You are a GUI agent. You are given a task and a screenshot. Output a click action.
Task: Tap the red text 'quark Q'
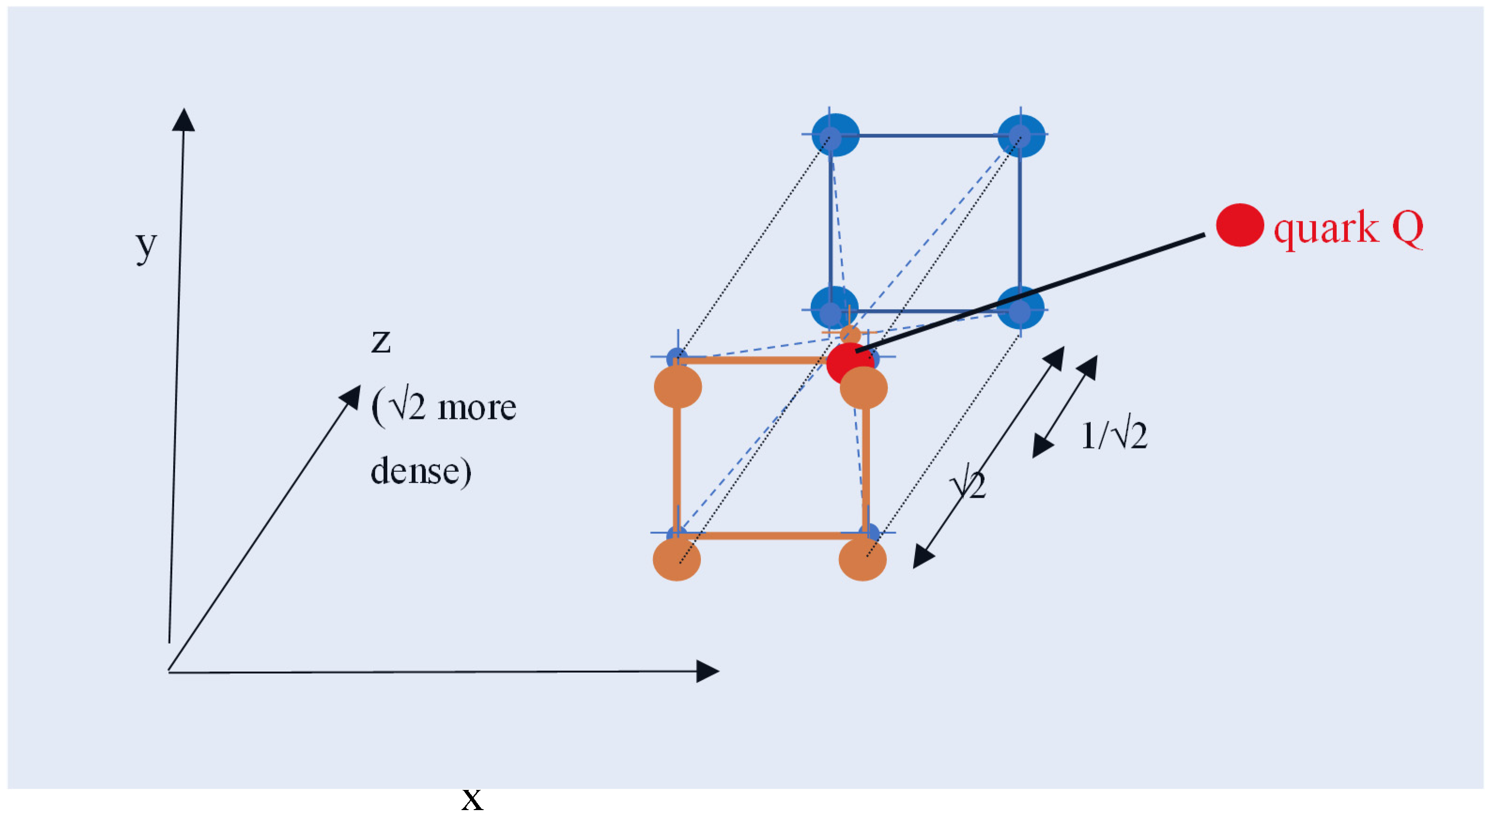point(1348,228)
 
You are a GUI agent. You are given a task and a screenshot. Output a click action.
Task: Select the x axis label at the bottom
point(472,800)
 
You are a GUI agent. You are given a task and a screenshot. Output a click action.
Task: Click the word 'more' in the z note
point(477,409)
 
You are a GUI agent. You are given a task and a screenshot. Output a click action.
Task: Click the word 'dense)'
point(421,471)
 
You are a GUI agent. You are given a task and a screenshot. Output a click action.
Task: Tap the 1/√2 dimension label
point(1113,436)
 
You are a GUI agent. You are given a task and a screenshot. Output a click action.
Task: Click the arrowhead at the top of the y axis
point(184,120)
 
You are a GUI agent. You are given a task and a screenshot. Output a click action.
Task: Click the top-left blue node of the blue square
point(835,135)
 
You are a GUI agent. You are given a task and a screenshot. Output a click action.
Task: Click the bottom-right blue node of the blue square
point(1020,308)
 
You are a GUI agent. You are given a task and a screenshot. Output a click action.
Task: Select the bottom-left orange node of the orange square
point(677,560)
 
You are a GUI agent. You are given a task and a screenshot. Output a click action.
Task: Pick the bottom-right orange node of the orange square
point(862,560)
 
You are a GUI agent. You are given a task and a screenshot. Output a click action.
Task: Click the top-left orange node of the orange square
point(677,387)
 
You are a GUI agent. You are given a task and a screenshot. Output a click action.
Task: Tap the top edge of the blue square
point(927,136)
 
